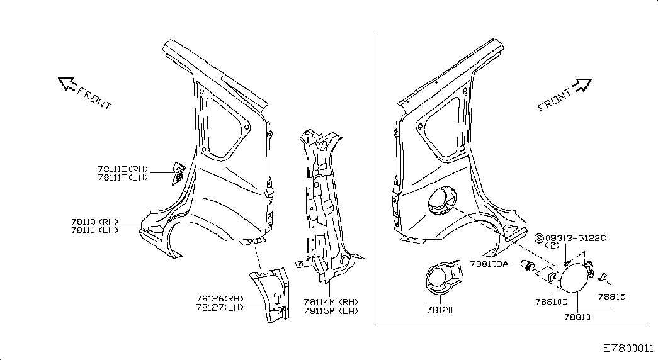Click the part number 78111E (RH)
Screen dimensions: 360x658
point(122,169)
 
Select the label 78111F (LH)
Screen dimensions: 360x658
point(122,177)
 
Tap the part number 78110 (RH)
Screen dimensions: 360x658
point(95,222)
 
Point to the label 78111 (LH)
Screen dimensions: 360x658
point(95,230)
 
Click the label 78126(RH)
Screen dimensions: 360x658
point(219,298)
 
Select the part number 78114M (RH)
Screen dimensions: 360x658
point(331,301)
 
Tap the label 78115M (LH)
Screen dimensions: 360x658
point(331,310)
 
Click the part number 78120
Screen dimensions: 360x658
point(439,310)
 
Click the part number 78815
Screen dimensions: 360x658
point(611,296)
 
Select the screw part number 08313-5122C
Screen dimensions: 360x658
point(575,238)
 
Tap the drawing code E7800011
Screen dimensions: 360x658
point(628,347)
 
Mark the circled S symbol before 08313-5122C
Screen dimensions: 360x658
point(538,238)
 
